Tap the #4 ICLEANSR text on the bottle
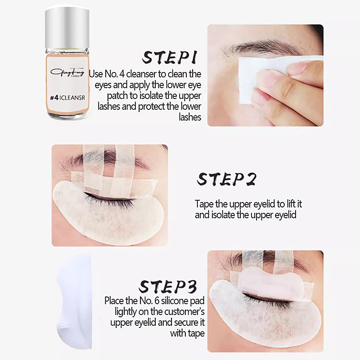click(x=67, y=98)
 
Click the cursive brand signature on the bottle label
click(x=67, y=72)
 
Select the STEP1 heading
click(x=170, y=57)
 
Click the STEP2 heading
click(x=226, y=179)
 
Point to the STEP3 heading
click(x=168, y=286)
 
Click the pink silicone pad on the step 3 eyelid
click(x=271, y=282)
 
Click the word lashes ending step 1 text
click(x=190, y=117)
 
